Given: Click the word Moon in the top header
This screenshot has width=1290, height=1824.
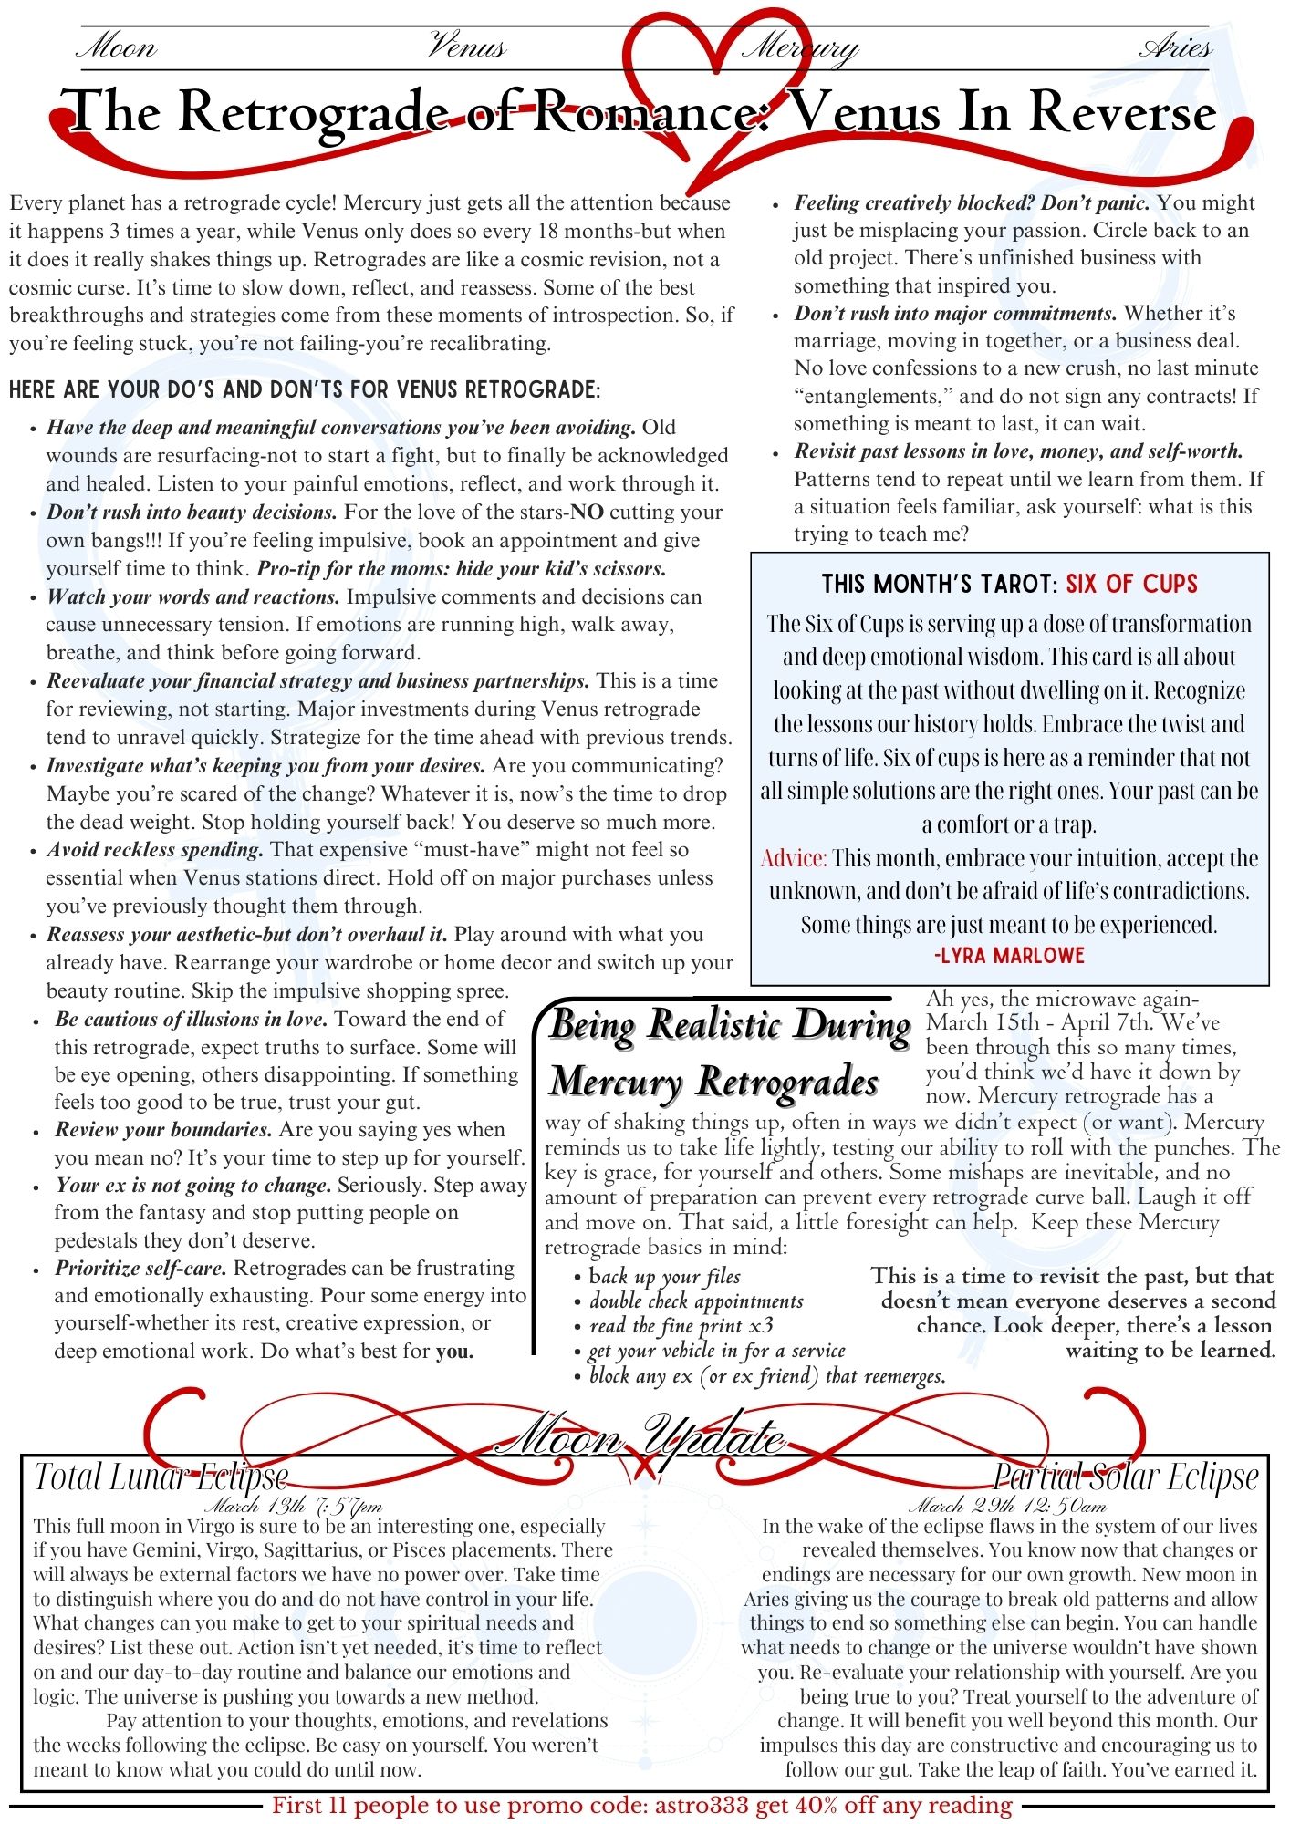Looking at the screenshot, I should (117, 46).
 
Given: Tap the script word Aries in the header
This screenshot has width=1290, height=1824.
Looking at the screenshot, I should (1176, 46).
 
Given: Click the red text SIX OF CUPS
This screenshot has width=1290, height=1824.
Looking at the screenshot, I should (1131, 584).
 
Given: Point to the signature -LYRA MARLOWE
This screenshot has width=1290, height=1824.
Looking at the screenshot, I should (1009, 956).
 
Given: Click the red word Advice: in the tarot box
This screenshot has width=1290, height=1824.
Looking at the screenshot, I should (794, 858).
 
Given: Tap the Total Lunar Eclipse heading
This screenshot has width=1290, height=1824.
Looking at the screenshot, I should (161, 1477).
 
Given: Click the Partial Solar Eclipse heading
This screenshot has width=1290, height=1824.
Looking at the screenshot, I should (1126, 1477).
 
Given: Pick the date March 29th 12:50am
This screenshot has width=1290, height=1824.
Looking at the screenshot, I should (1007, 1506).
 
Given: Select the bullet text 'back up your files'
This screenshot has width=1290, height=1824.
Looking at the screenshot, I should (664, 1277).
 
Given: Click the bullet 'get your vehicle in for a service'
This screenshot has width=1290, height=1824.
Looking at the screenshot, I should (717, 1351).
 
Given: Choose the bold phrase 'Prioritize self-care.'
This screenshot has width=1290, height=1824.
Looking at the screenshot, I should (140, 1269).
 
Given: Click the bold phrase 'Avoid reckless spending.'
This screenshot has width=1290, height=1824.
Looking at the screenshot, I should (155, 850).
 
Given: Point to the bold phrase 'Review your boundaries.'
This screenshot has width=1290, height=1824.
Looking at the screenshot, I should (163, 1130).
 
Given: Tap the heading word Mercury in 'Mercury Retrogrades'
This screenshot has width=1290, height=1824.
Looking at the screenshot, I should (616, 1083).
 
